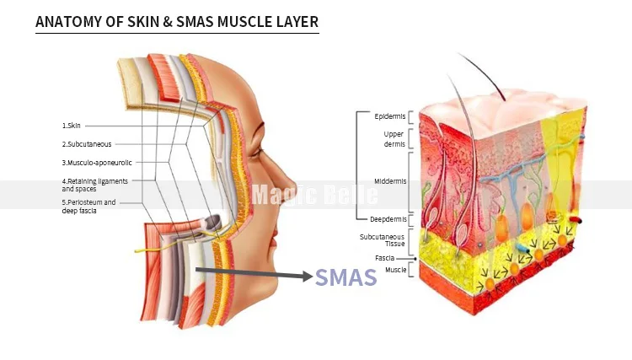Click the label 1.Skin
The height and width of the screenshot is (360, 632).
tap(72, 126)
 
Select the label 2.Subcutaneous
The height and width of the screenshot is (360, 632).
tap(87, 144)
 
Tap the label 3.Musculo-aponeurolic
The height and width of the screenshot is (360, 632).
tap(97, 162)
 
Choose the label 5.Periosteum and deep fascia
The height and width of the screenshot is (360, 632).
tap(89, 207)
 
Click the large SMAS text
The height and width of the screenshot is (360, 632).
tap(345, 277)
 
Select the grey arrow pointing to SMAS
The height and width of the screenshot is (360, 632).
tap(253, 274)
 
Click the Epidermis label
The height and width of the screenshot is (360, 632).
tap(390, 116)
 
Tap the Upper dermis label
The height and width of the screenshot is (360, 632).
tap(394, 138)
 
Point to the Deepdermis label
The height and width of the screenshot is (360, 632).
tap(388, 219)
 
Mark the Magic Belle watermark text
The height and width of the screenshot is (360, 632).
tap(315, 195)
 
